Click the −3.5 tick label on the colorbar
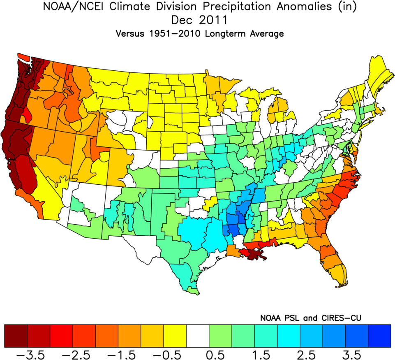pos(39,354)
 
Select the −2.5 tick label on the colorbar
pos(84,354)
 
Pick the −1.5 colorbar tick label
pos(129,354)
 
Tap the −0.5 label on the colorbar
pos(175,354)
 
